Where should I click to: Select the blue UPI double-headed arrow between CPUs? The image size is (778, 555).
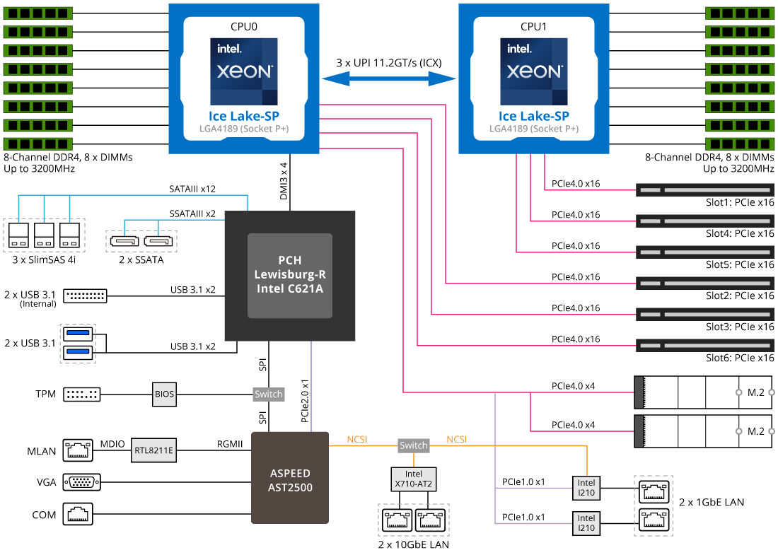click(389, 78)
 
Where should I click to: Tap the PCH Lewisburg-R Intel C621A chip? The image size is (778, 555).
click(289, 275)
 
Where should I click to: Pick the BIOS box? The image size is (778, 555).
click(164, 393)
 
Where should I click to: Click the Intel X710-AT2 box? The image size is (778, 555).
click(414, 479)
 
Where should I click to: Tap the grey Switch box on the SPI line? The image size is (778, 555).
click(268, 394)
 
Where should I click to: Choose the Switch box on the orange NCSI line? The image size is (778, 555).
click(414, 445)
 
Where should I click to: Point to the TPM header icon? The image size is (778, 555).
click(82, 394)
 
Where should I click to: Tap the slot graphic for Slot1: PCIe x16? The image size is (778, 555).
click(705, 190)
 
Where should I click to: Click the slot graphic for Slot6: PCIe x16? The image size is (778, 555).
click(705, 346)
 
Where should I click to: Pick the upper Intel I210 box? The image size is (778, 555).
click(586, 487)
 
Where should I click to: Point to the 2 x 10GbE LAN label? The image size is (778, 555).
click(414, 544)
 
